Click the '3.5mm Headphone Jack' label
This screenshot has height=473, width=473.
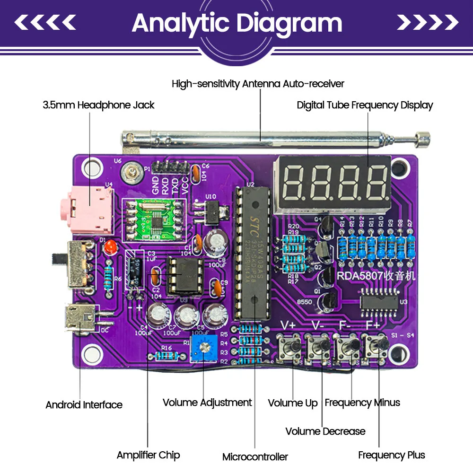pos(98,105)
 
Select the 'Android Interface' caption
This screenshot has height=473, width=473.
pos(84,405)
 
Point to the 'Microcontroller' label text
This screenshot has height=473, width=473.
pos(255,457)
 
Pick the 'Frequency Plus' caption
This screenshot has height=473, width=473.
pos(391,455)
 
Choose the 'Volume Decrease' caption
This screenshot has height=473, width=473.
pos(325,431)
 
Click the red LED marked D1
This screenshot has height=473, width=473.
pos(111,247)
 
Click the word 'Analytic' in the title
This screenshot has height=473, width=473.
pos(182,23)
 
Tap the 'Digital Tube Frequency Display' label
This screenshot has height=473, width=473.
pos(365,105)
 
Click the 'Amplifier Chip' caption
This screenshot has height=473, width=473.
pos(148,455)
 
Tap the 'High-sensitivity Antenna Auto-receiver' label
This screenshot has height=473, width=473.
pos(258,84)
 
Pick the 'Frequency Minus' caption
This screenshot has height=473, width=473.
pos(362,403)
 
